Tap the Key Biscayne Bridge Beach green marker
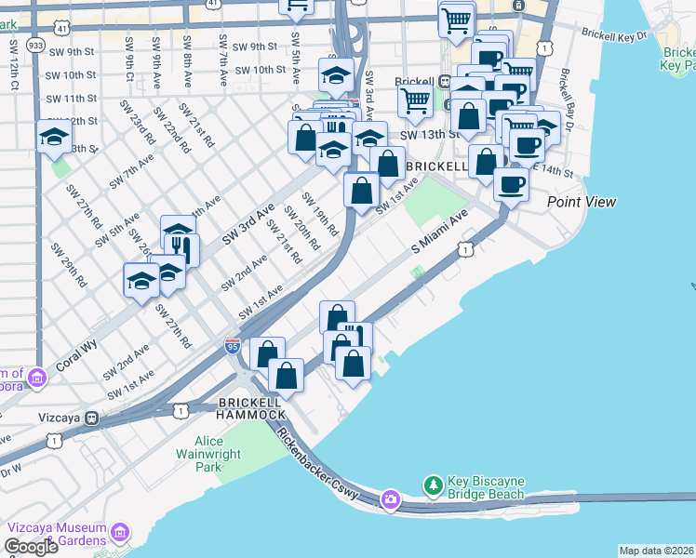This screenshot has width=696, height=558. [432, 485]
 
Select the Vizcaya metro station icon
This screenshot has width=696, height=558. [91, 417]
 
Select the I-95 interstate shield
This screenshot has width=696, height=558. [233, 347]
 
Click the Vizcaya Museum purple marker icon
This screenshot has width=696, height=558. [119, 532]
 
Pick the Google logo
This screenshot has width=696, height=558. [31, 547]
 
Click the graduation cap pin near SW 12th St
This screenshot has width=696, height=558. [54, 136]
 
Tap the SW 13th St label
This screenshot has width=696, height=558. [430, 135]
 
